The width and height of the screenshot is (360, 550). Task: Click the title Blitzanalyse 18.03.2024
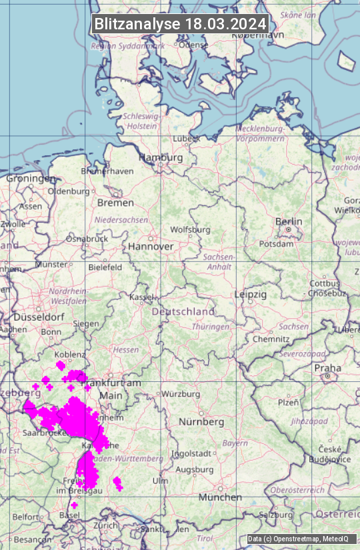click(x=180, y=24)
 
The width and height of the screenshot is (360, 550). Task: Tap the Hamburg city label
click(x=161, y=158)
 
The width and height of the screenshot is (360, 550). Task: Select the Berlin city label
click(x=289, y=222)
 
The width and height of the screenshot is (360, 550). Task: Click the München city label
click(x=220, y=497)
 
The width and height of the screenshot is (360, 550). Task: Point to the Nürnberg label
click(x=201, y=422)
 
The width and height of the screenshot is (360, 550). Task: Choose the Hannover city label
click(x=151, y=247)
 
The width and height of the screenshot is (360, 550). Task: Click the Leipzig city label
click(x=251, y=294)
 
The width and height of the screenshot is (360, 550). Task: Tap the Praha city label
click(x=328, y=368)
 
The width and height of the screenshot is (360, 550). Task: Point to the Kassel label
click(x=142, y=297)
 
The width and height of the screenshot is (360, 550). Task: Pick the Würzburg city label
click(x=181, y=394)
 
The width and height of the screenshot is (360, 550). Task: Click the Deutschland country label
click(x=183, y=311)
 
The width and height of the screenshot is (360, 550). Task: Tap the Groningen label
click(x=31, y=179)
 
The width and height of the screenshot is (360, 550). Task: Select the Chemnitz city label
click(x=271, y=339)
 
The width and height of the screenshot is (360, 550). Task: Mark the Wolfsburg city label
click(x=191, y=229)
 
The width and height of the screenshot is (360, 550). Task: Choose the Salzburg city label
click(x=276, y=515)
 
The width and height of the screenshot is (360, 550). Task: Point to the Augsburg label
click(x=195, y=470)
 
